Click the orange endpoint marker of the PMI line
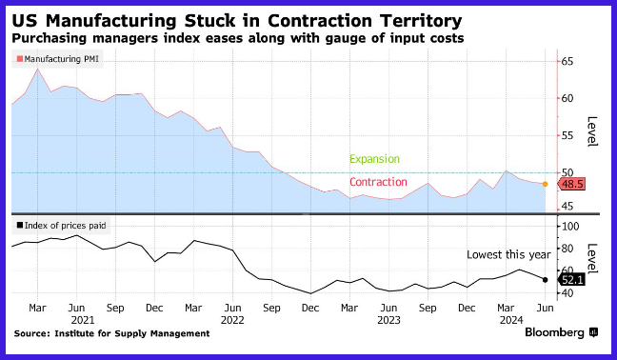point(545,184)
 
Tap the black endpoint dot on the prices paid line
point(545,280)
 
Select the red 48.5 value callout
point(571,184)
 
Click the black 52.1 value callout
point(571,280)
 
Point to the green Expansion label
point(374,159)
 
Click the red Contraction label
point(378,182)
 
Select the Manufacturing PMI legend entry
point(58,59)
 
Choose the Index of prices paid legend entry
point(61,226)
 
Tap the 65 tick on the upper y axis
point(567,61)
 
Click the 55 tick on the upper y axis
point(567,136)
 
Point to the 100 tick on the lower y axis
point(570,227)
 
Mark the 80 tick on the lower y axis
point(567,249)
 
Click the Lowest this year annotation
point(508,255)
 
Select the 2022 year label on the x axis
point(232,320)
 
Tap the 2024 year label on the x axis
point(511,320)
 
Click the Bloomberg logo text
point(554,332)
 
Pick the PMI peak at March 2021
point(38,70)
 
